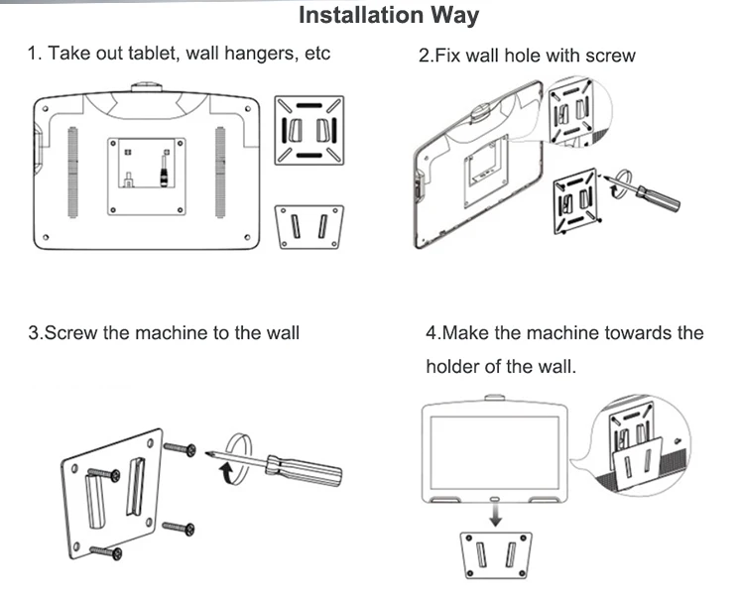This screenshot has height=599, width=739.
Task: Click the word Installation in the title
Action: [361, 15]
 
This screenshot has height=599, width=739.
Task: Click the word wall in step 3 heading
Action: [283, 333]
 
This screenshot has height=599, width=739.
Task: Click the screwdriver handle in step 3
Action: [304, 469]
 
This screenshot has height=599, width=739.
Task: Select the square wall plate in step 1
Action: [309, 131]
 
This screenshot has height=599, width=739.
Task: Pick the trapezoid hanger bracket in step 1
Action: [309, 227]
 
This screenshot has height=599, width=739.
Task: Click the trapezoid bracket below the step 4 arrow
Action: [495, 555]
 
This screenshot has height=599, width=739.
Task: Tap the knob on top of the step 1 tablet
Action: [147, 87]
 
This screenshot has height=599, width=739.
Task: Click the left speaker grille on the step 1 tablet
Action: [72, 173]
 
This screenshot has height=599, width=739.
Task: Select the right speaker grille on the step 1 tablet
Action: [220, 173]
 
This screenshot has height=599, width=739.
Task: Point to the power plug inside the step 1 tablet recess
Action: [165, 171]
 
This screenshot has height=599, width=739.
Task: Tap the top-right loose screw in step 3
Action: [180, 448]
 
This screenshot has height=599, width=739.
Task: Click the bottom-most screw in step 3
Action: [105, 551]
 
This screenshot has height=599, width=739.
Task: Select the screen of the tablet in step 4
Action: [495, 453]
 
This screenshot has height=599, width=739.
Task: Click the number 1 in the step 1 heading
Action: [32, 54]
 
